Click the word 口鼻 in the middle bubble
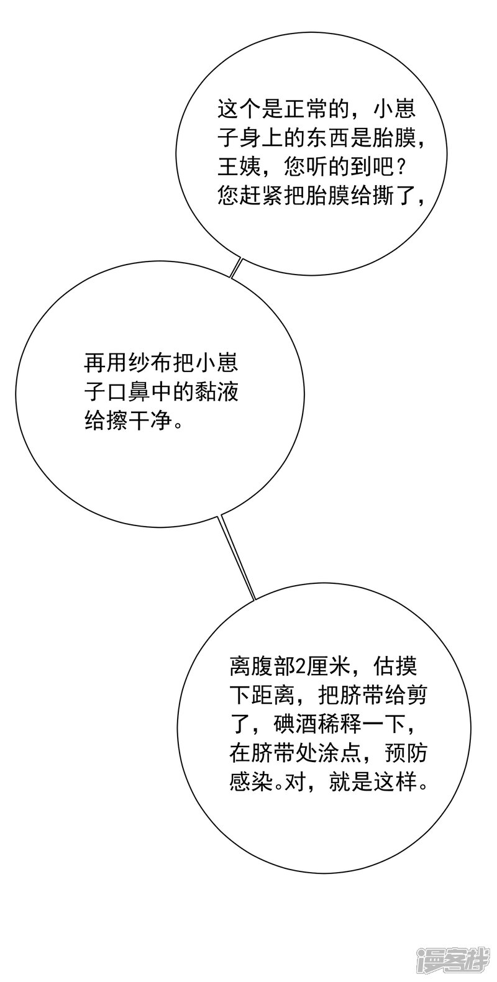(x=127, y=392)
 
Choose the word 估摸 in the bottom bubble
(x=394, y=668)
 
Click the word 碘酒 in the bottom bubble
(x=293, y=724)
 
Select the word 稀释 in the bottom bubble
(x=336, y=724)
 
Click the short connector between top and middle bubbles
(x=235, y=268)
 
